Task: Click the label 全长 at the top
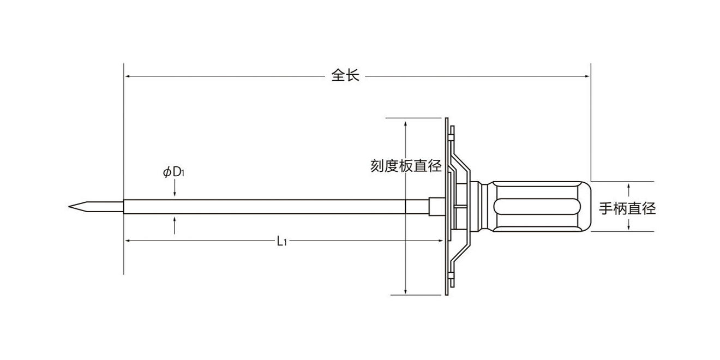[x=346, y=76]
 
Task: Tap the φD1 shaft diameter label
[x=175, y=172]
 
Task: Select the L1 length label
[x=281, y=241]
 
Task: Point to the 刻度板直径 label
[x=406, y=166]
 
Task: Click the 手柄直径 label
[x=627, y=208]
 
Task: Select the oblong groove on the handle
[x=535, y=207]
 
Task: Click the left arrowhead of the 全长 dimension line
[x=127, y=76]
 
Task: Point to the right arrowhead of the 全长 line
[x=587, y=76]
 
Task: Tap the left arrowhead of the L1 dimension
[x=127, y=241]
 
